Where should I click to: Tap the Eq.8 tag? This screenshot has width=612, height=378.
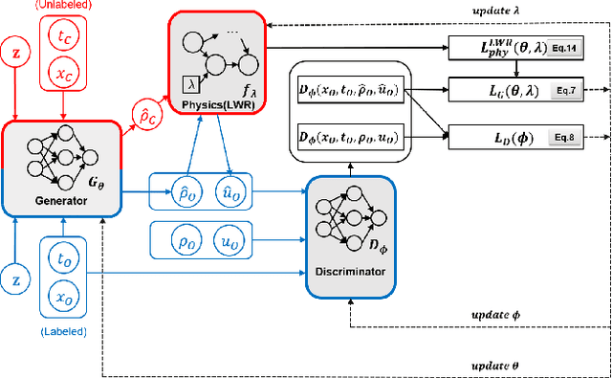[x=564, y=138]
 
